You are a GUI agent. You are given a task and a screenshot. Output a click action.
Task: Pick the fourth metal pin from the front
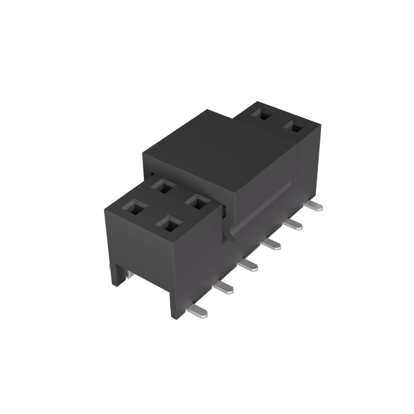(272, 244)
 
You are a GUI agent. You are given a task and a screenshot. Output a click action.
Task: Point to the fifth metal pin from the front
(294, 224)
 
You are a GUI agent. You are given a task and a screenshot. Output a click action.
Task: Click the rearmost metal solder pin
(314, 207)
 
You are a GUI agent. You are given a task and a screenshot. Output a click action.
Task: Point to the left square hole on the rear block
(263, 115)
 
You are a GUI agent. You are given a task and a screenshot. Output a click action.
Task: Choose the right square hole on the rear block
(294, 128)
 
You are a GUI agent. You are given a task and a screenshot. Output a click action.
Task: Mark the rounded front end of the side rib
(232, 234)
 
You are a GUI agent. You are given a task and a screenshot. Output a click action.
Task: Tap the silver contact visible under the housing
(128, 275)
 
